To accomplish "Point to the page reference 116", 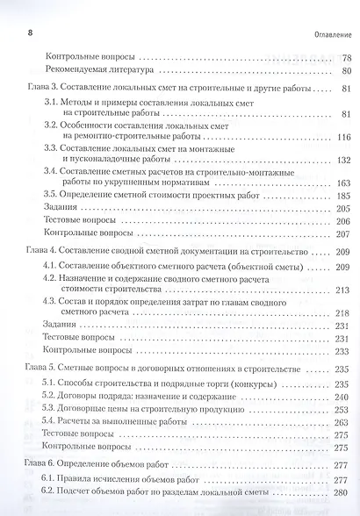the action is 343,138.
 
